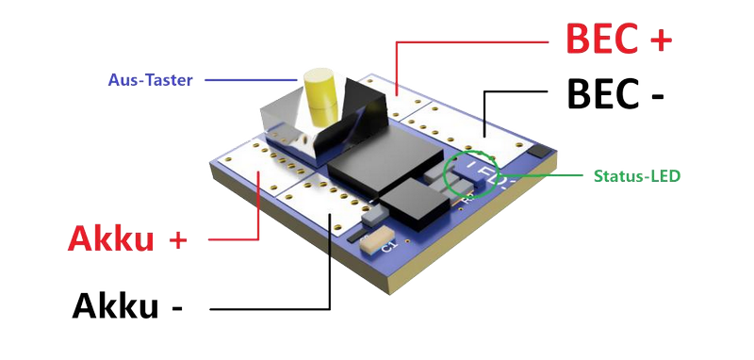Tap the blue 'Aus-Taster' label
click(151, 80)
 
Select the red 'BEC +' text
click(619, 38)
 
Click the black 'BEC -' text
click(615, 93)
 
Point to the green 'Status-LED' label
click(637, 176)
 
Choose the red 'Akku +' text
click(127, 238)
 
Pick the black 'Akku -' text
click(127, 305)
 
